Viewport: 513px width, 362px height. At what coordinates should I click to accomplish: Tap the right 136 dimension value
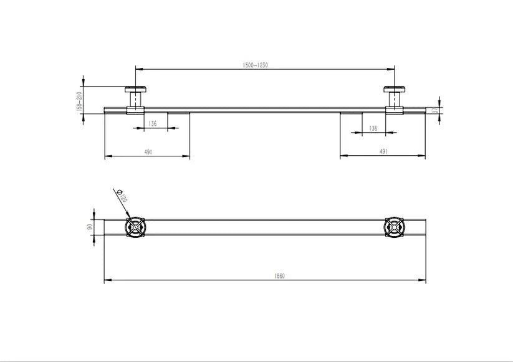click(373, 128)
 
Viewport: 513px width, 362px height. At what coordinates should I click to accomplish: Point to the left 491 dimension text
click(148, 151)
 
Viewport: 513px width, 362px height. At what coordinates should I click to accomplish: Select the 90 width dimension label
click(90, 227)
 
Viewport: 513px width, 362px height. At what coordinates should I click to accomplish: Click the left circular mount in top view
click(135, 227)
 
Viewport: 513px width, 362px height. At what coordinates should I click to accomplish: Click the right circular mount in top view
click(395, 227)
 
